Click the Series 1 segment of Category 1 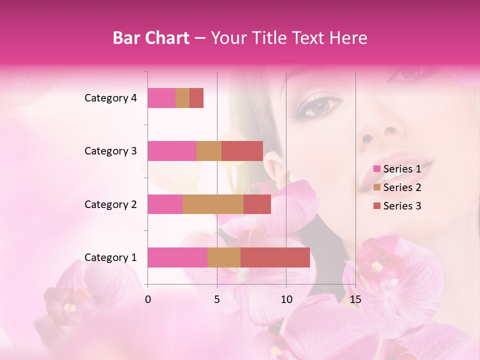click(177, 257)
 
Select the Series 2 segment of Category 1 click(224, 257)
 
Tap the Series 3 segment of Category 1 click(275, 257)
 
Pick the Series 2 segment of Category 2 click(213, 204)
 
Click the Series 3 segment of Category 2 click(257, 204)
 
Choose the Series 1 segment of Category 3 click(172, 151)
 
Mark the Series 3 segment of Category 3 click(242, 151)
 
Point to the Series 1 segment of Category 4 click(161, 98)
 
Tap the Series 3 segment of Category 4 click(196, 98)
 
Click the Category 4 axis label click(110, 98)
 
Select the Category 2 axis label click(110, 204)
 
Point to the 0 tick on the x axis click(148, 299)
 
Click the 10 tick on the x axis click(286, 299)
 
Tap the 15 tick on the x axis click(355, 299)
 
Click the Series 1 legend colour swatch click(376, 169)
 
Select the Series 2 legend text click(402, 187)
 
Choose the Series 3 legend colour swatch click(376, 206)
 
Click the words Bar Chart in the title click(151, 38)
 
